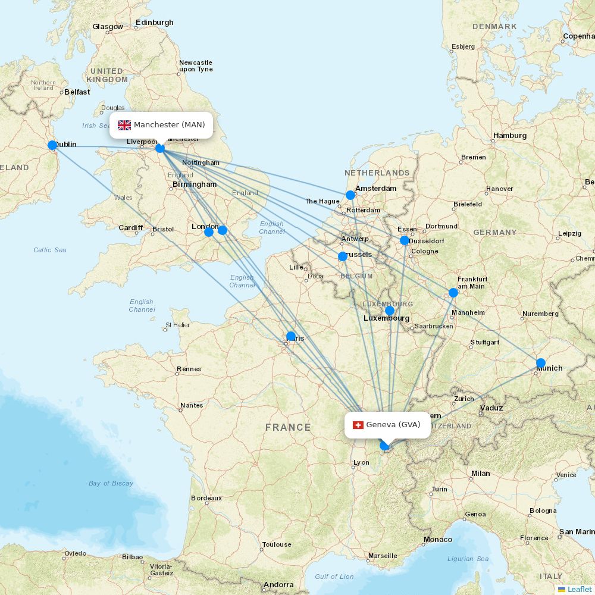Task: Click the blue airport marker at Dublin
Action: tap(52, 145)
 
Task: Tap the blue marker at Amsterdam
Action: tap(350, 195)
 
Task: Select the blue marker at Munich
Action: tap(540, 363)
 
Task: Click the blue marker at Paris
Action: tap(291, 336)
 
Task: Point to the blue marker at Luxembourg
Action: tap(390, 311)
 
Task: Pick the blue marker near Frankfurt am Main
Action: tap(453, 292)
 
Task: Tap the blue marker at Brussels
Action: tap(343, 256)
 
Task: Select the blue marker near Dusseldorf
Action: tap(405, 240)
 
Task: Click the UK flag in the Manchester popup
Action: tap(124, 125)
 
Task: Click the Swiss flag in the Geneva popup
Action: tap(358, 425)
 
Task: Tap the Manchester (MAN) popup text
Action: tap(169, 125)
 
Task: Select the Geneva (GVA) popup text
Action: tap(393, 425)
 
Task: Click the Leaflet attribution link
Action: tap(579, 589)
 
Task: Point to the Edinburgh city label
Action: tap(155, 23)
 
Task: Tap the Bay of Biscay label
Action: tap(111, 483)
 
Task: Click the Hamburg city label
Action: tap(510, 136)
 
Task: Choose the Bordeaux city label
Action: tap(206, 498)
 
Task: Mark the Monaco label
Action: tap(438, 540)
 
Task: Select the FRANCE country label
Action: tap(288, 427)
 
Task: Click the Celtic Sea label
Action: tap(50, 250)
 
